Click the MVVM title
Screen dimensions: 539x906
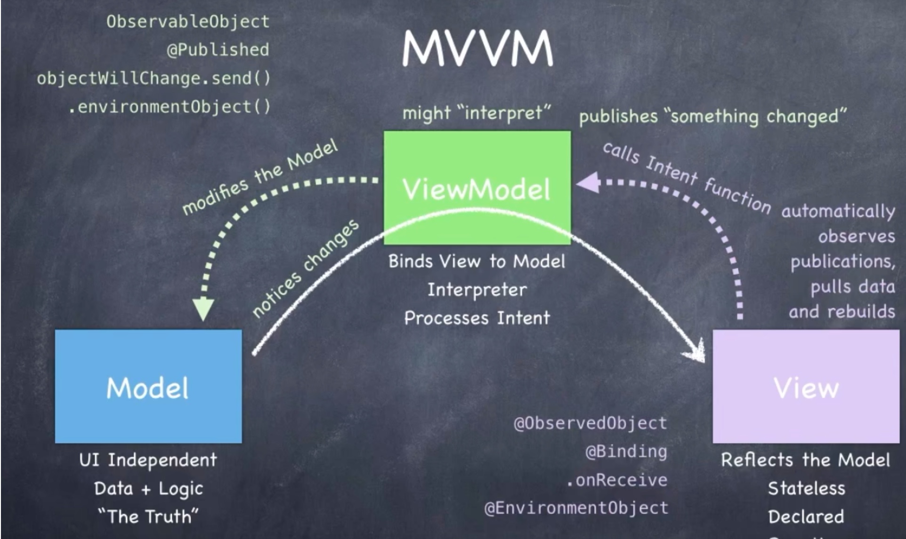477,49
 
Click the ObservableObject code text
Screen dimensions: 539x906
188,22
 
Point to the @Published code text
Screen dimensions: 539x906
218,50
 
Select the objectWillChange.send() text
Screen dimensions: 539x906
154,78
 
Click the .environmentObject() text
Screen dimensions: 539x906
170,107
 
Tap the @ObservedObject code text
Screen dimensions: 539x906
591,423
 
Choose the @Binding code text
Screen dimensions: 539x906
626,452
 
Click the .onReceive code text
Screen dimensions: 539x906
617,480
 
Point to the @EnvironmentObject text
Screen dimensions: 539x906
576,508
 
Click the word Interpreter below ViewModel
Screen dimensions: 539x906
477,290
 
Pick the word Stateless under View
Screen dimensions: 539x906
806,489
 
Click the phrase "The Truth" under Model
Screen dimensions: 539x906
148,517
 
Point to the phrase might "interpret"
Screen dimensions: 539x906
476,113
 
